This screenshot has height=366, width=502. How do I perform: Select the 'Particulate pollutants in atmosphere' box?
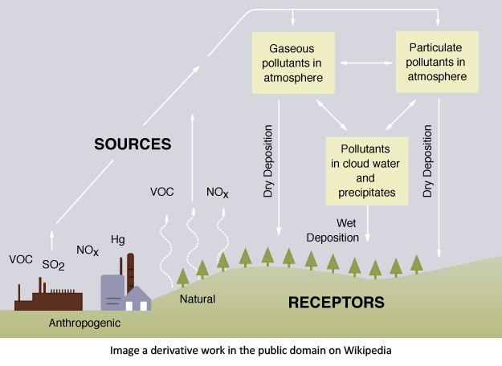[437, 60]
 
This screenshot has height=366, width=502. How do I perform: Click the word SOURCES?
[133, 144]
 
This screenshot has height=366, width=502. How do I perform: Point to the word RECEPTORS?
[337, 303]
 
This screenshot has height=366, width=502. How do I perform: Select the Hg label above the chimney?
[117, 239]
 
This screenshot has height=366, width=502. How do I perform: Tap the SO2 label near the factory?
[53, 265]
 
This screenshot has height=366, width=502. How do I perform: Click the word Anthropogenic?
[84, 323]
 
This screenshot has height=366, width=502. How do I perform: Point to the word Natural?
[198, 299]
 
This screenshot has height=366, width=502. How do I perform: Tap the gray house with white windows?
[136, 299]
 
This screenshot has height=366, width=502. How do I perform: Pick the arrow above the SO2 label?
[54, 239]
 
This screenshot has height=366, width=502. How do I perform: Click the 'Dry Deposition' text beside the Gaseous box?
[267, 161]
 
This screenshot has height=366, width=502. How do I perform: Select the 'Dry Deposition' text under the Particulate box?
[427, 161]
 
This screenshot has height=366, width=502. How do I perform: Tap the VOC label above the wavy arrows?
[161, 192]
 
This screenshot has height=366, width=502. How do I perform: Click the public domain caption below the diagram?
[251, 351]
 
